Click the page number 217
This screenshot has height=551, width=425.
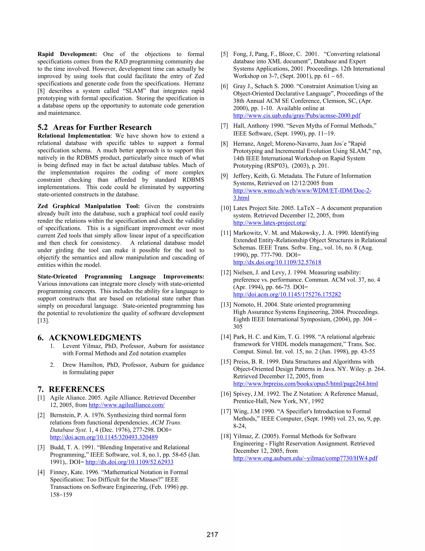click(212, 534)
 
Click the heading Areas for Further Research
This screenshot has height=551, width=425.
click(102, 127)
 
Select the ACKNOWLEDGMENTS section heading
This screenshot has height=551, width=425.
click(95, 337)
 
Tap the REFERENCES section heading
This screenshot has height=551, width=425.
click(77, 389)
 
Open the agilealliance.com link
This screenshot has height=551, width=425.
click(127, 405)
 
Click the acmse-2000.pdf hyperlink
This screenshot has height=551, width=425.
click(297, 116)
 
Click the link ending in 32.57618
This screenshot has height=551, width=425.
click(277, 262)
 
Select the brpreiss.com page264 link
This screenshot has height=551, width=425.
click(305, 384)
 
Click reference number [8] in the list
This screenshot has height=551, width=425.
click(224, 144)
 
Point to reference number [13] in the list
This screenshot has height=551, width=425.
click(226, 305)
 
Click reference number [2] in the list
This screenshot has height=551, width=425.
click(41, 415)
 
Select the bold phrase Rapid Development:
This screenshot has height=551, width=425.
click(67, 54)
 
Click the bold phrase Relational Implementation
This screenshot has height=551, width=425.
click(74, 136)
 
